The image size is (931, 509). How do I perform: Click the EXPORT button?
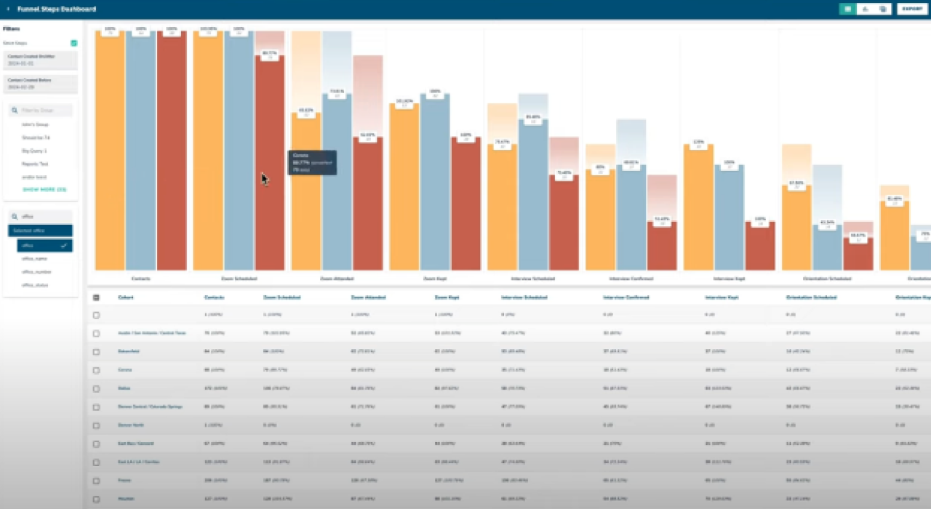(912, 9)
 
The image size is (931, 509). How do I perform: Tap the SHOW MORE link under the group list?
(44, 189)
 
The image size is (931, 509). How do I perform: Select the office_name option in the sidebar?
(34, 258)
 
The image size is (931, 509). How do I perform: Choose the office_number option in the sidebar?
(36, 271)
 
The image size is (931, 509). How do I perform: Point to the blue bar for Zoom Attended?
(337, 182)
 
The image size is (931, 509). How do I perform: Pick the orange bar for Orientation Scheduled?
(796, 225)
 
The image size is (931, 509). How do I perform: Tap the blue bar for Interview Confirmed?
(631, 218)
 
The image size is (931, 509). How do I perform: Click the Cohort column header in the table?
(126, 297)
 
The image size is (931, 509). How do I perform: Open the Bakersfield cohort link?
(129, 351)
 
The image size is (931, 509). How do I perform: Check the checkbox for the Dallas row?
(96, 388)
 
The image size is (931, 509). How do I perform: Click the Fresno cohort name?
(124, 480)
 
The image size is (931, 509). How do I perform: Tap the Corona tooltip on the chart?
(312, 162)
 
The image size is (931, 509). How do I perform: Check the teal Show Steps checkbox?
(73, 43)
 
